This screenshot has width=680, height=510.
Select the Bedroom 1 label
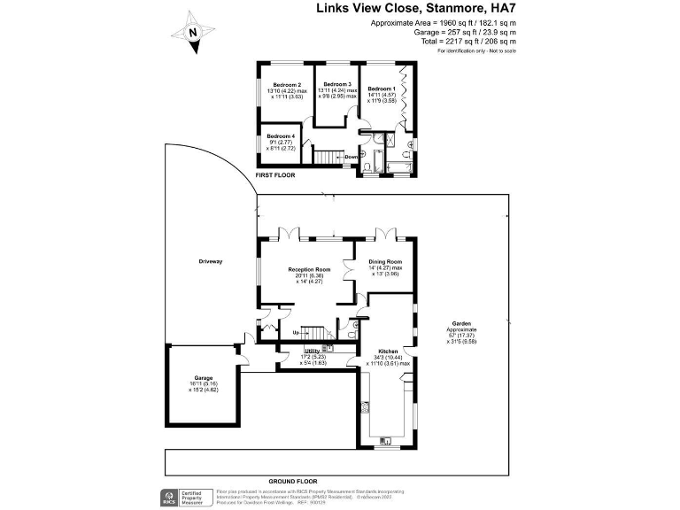(x=382, y=89)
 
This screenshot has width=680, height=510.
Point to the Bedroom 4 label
(x=281, y=135)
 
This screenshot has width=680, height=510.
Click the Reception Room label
(x=309, y=268)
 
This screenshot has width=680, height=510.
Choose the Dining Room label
(x=385, y=262)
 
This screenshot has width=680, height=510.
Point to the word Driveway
(x=211, y=262)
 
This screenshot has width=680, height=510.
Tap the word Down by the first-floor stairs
(x=351, y=157)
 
